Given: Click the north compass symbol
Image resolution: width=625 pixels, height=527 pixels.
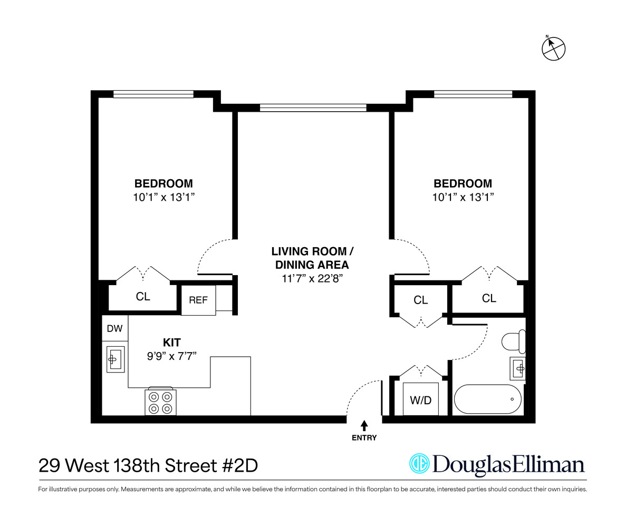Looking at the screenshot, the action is coord(553,48).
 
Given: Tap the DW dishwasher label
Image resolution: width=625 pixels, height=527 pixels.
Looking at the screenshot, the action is coord(115,329).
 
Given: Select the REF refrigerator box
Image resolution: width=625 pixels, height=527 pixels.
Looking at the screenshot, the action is coord(198,300).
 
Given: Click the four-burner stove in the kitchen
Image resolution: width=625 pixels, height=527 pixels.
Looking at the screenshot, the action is coord(161,402).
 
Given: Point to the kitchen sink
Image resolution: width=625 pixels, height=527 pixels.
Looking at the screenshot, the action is coord(116,359).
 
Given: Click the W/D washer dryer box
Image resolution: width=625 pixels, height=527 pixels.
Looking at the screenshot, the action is coord(420,399).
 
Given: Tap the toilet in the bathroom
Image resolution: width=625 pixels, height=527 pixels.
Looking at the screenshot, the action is coord(513,341).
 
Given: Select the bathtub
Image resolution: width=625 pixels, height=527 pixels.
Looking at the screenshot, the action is coord(488,399).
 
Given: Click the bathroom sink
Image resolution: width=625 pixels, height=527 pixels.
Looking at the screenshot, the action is coord(518,368).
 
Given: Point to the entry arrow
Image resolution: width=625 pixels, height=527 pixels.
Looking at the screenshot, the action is coord(364,425).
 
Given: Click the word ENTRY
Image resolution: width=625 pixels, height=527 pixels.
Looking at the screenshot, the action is coord(364,438).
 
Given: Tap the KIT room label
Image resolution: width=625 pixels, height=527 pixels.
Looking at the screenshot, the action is coord(172,343).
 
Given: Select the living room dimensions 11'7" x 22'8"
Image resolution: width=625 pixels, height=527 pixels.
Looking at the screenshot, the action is coord(312,278).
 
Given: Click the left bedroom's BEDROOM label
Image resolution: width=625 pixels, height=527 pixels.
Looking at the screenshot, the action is coord(164,183).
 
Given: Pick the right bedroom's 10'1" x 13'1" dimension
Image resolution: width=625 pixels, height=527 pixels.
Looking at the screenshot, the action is coord(463,197).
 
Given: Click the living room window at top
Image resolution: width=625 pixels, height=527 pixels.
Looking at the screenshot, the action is coord(313,108).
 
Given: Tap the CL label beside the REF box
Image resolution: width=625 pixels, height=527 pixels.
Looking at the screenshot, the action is coord(143,297).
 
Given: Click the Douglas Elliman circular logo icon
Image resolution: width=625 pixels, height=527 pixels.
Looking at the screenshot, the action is coord(419,464).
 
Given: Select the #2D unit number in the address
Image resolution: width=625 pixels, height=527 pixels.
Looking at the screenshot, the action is coord(241,466).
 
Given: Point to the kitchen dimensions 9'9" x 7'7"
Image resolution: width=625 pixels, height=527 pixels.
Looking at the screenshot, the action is coord(172,356).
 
